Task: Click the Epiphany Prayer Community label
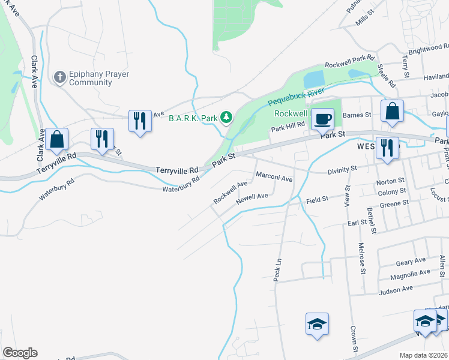(x=91, y=78)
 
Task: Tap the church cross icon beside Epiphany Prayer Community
(x=59, y=77)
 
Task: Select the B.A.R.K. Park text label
(x=193, y=118)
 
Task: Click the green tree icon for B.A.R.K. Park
(x=226, y=118)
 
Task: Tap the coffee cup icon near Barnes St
(x=323, y=119)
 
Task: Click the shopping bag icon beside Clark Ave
(x=57, y=139)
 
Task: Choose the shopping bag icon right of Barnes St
(x=392, y=111)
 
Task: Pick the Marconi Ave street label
(x=274, y=178)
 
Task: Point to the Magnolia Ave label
(x=410, y=274)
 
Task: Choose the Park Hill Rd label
(x=288, y=128)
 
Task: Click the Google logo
(x=20, y=353)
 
